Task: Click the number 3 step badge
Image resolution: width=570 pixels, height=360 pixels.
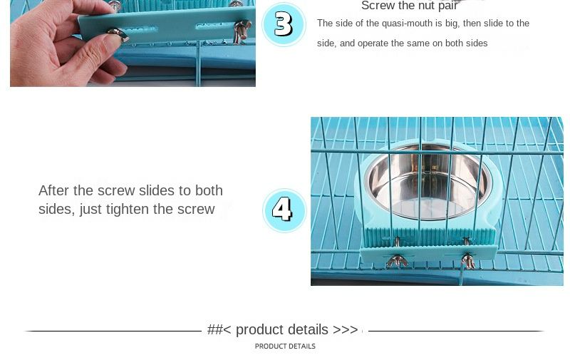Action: [x=284, y=24]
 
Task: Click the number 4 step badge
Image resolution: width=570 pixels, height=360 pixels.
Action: [x=284, y=210]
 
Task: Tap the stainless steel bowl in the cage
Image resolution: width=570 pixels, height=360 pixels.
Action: [x=428, y=182]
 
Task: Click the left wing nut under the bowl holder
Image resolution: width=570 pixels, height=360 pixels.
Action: [x=397, y=261]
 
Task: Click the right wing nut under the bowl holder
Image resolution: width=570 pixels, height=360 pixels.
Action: [x=468, y=261]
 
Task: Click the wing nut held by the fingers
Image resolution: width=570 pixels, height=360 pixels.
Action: [x=118, y=34]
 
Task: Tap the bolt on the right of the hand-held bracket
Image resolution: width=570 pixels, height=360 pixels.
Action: [x=242, y=30]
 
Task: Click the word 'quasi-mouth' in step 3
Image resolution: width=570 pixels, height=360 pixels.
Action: [x=407, y=24]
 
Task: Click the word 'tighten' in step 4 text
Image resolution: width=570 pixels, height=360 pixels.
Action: [x=128, y=209]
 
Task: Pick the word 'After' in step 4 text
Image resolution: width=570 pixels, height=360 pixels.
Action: [x=54, y=190]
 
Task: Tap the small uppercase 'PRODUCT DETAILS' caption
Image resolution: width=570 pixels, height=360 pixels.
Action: [x=285, y=346]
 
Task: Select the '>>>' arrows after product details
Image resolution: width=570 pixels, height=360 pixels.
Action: [x=346, y=329]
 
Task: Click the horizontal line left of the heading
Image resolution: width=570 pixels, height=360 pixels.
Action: [x=113, y=331]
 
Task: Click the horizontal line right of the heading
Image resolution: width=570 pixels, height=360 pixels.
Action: [x=457, y=331]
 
